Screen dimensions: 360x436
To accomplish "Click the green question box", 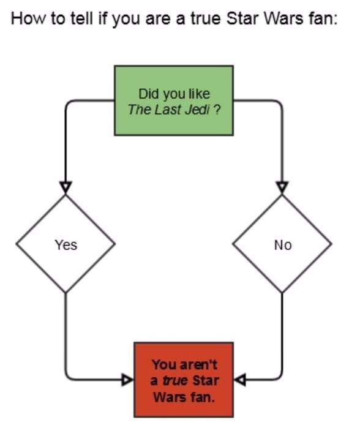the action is pos(174,100).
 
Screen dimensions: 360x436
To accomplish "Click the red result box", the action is pos(184,380).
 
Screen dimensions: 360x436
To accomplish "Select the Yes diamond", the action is pos(66,244).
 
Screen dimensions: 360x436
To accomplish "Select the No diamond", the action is pos(282,244).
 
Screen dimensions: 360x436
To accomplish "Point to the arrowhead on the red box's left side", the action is pos(127,380).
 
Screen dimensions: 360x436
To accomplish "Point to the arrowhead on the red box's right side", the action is pos(240,380).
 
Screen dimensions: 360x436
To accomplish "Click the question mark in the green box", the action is pos(217,110).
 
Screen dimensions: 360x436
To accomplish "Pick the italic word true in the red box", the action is pos(175,380).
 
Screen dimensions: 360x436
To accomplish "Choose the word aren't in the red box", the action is pos(198,364).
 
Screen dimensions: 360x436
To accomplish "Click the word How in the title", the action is pos(28,19).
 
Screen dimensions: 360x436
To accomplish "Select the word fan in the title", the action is pos(320,19).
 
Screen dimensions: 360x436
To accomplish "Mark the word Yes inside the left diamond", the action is pos(66,245).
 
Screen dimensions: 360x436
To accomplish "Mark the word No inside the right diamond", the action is pos(283,245).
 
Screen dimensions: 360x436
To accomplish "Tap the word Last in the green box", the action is pos(167,110).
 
